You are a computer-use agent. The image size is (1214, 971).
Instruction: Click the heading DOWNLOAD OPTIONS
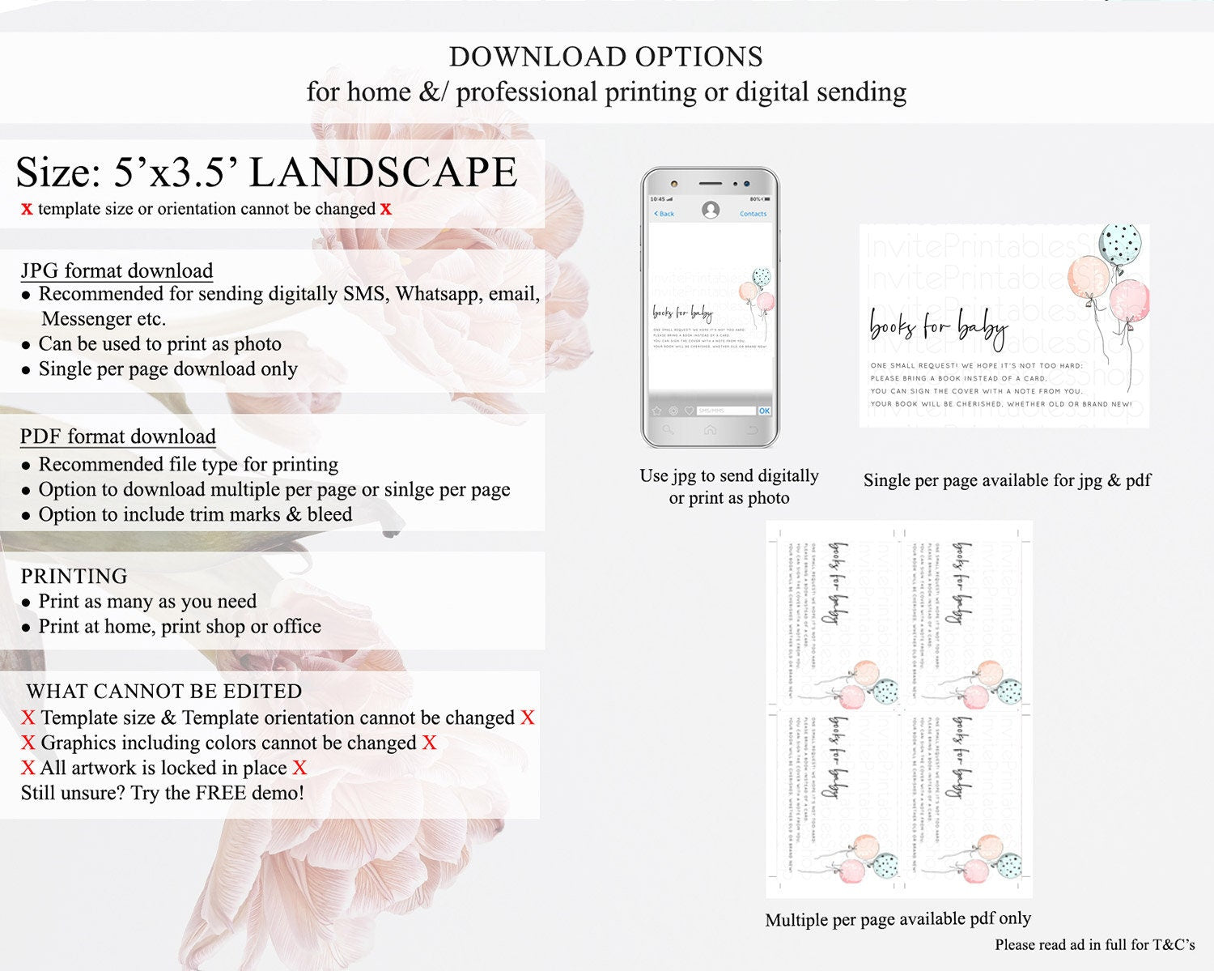605,57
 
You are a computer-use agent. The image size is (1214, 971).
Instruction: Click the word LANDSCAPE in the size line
383,172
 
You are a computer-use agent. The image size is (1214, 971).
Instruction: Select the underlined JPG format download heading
117,270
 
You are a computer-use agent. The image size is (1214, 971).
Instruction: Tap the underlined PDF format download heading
117,437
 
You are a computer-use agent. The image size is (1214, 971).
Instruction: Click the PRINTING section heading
74,576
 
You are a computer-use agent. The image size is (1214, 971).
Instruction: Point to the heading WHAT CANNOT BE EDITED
163,691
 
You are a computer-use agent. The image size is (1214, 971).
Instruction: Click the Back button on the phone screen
664,214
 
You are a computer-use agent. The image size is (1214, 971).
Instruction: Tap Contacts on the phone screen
753,214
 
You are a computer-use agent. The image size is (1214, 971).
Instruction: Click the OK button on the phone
764,411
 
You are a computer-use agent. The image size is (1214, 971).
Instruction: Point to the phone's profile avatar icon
711,211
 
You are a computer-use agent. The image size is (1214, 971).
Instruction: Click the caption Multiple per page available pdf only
898,919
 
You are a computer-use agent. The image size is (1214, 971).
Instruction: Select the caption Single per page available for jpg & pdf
1006,480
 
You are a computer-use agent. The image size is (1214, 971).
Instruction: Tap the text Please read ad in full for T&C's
1094,944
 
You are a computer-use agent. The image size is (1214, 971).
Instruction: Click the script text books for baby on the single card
938,326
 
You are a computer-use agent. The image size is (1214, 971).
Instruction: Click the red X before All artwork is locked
28,768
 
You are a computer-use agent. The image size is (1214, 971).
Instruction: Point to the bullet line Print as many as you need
147,601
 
